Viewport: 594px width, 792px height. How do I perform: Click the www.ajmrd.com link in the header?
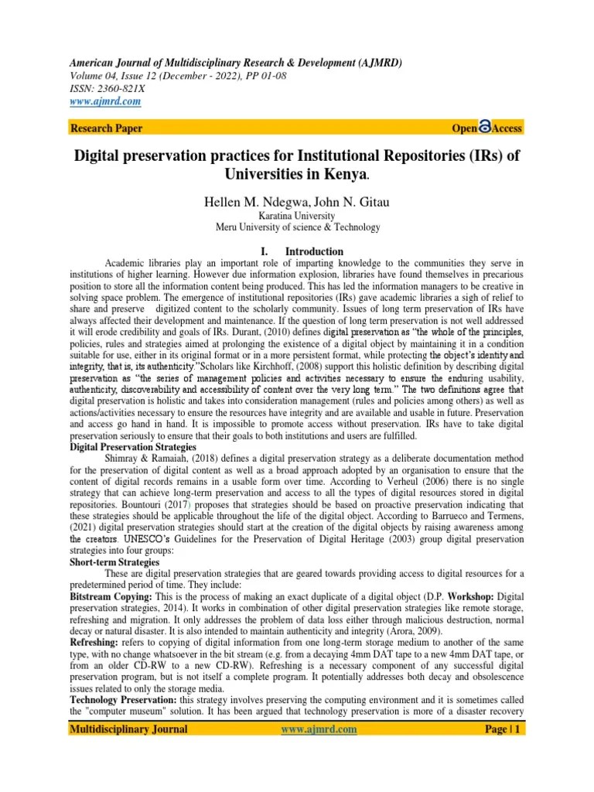coord(105,101)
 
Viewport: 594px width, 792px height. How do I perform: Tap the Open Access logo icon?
coord(486,128)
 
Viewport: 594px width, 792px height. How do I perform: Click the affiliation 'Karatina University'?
coord(297,216)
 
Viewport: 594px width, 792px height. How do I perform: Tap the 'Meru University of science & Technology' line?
coord(297,227)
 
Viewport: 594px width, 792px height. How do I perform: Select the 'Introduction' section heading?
coord(313,251)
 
